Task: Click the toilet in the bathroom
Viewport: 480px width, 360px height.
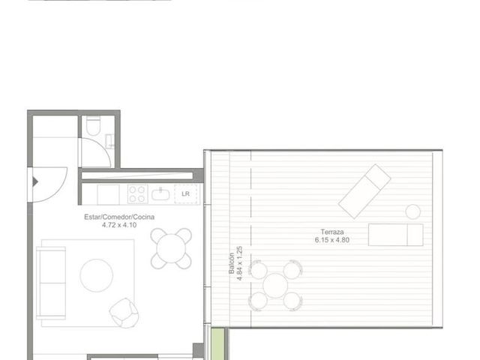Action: [x=93, y=125]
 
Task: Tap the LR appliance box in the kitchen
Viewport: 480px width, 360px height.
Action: [x=185, y=193]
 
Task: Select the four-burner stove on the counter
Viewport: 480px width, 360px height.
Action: [x=137, y=194]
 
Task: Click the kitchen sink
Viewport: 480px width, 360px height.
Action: [x=160, y=194]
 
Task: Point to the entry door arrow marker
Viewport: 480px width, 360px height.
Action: [x=35, y=182]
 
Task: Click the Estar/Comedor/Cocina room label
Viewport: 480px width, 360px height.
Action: [x=119, y=217]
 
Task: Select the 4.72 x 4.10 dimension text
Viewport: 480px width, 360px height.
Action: [x=119, y=225]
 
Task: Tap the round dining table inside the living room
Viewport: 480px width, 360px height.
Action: [x=171, y=248]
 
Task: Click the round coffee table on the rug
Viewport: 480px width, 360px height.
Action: [x=97, y=275]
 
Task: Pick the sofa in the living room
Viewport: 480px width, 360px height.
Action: [x=51, y=283]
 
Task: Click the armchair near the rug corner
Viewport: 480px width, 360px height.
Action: [x=124, y=313]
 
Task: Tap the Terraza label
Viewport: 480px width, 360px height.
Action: [x=332, y=232]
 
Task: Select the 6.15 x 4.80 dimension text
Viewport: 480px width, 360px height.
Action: [x=332, y=240]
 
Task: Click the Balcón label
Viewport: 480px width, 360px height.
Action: [x=232, y=263]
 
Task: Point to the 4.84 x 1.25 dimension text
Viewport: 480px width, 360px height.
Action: [x=240, y=263]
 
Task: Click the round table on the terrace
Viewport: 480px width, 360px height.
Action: [x=275, y=286]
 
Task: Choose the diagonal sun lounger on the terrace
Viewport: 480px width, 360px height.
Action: [x=364, y=191]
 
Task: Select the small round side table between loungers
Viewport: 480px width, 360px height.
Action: [x=413, y=211]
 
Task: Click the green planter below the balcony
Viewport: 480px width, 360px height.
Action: [x=217, y=343]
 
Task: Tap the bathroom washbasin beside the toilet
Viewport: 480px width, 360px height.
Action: [x=109, y=142]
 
